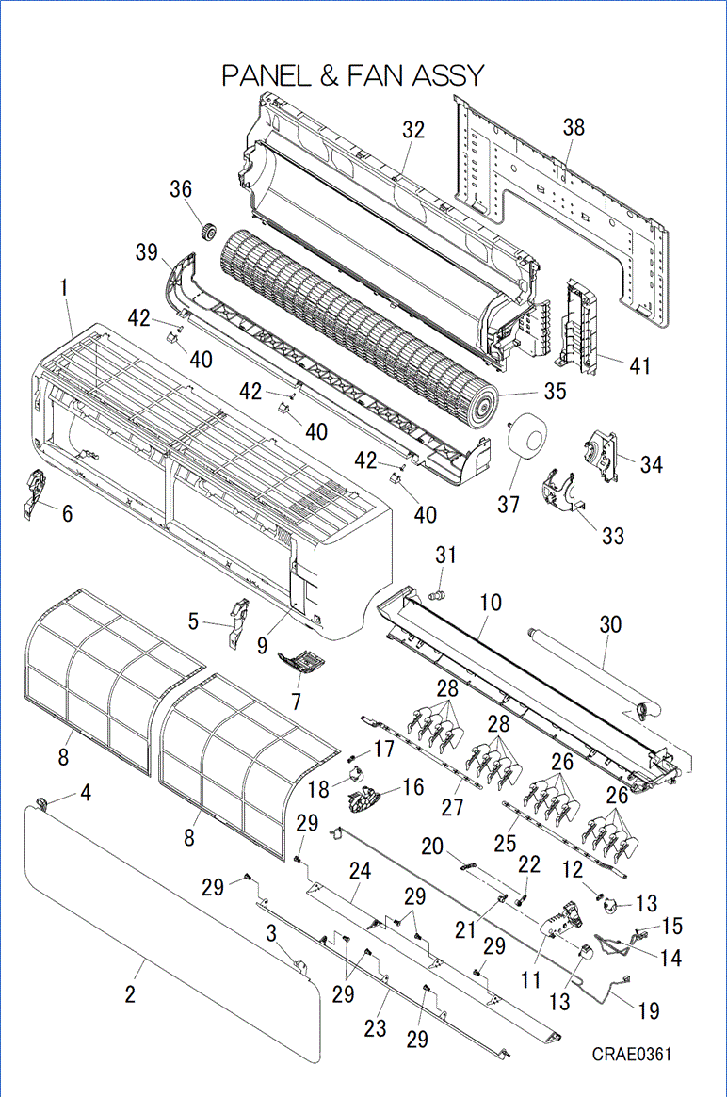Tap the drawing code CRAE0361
click(632, 1054)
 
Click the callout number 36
click(181, 189)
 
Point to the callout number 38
click(574, 127)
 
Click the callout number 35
click(556, 390)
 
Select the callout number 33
click(613, 536)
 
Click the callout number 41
click(640, 364)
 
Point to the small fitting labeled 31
click(436, 595)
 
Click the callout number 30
click(610, 623)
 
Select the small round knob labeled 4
click(42, 803)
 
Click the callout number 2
click(130, 994)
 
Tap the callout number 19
click(649, 1010)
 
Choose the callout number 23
click(375, 1028)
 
